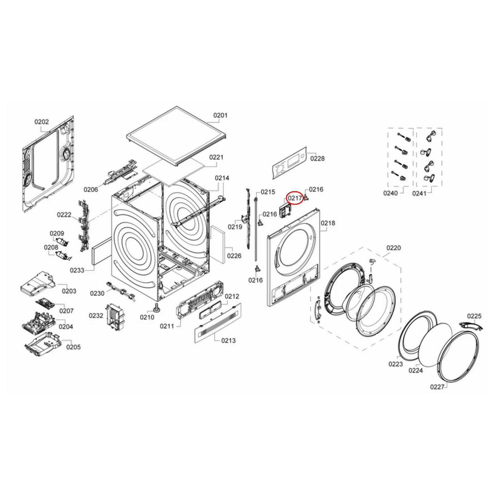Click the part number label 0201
pyautogui.click(x=220, y=115)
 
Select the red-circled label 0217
pyautogui.click(x=295, y=198)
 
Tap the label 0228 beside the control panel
pyautogui.click(x=317, y=159)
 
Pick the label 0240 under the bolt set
pyautogui.click(x=390, y=193)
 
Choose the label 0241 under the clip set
pyautogui.click(x=419, y=193)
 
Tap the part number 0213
pyautogui.click(x=228, y=341)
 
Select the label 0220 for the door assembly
pyautogui.click(x=393, y=248)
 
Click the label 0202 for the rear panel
pyautogui.click(x=41, y=122)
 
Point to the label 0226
pyautogui.click(x=234, y=256)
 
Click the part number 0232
pyautogui.click(x=96, y=315)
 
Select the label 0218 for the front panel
pyautogui.click(x=328, y=223)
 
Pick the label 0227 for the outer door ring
pyautogui.click(x=437, y=387)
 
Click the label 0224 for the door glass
pyautogui.click(x=416, y=370)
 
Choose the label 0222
pyautogui.click(x=64, y=215)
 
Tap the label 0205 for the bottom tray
pyautogui.click(x=73, y=347)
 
